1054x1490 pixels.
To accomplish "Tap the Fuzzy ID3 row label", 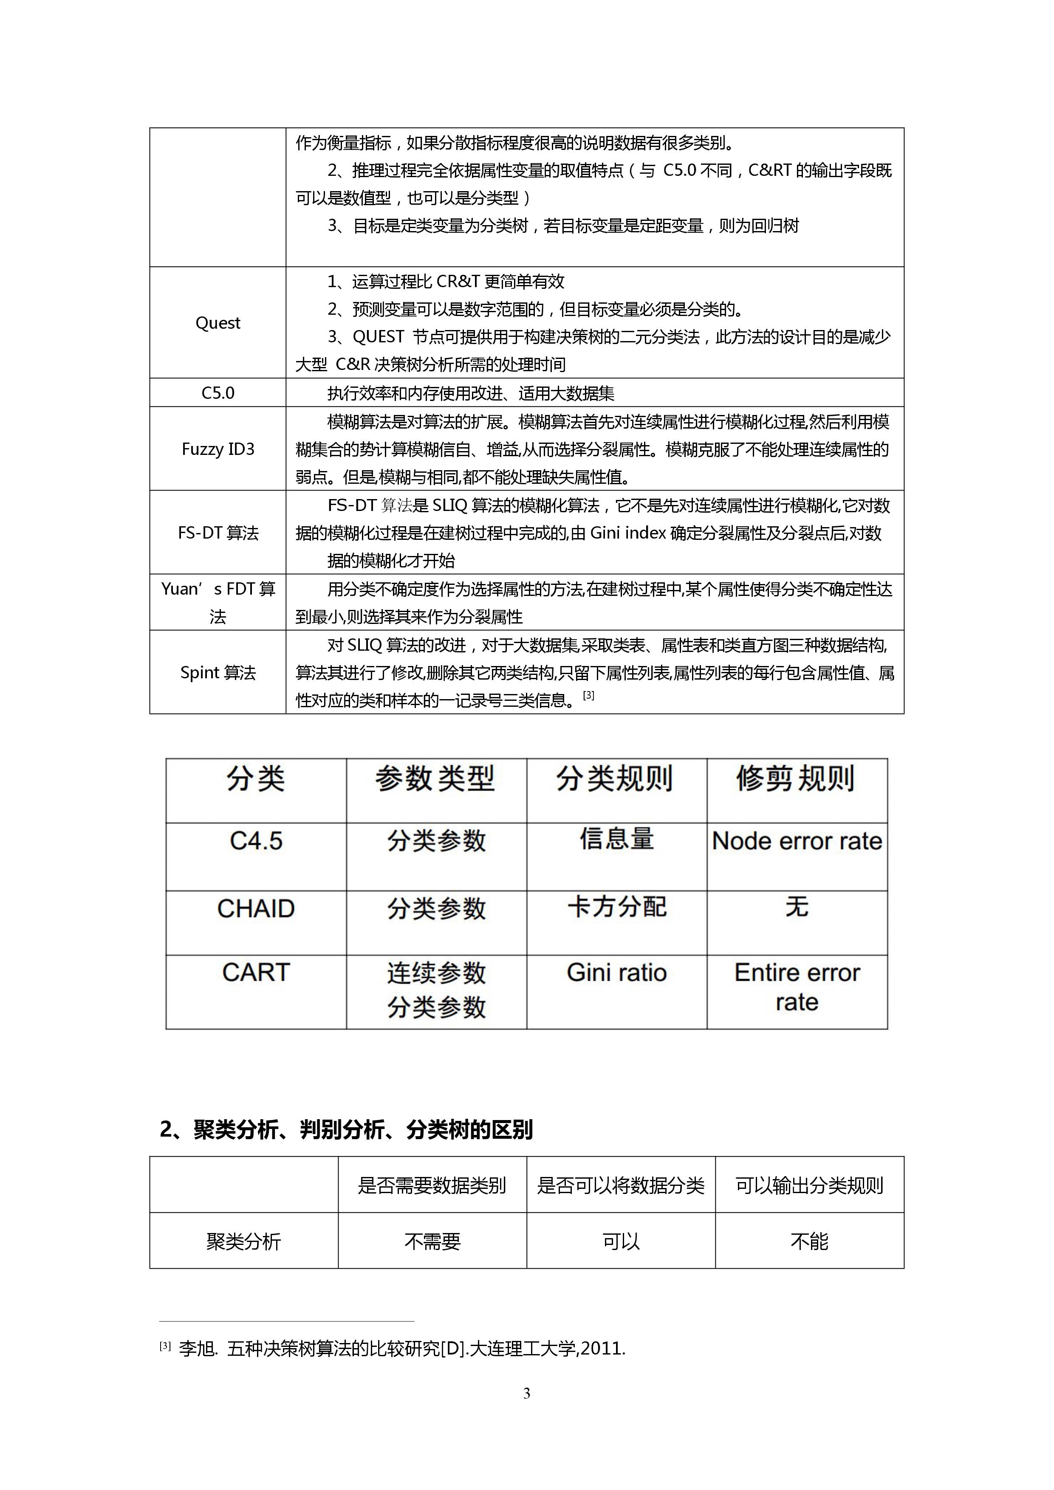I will click(218, 449).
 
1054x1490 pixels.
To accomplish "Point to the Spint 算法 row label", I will click(218, 672).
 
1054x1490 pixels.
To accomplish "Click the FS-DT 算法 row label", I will click(218, 533).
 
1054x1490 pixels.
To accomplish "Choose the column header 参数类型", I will click(435, 778).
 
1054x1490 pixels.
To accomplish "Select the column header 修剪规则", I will click(796, 778).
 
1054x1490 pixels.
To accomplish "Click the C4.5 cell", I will click(256, 841).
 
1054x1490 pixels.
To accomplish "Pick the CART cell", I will click(256, 972).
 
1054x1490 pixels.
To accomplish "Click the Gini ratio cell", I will click(616, 972).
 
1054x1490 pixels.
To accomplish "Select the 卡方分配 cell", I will click(616, 906).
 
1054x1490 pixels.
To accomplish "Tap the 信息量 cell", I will click(616, 839).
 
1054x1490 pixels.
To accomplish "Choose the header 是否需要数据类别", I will click(432, 1185).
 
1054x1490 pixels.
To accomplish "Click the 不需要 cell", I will click(432, 1242).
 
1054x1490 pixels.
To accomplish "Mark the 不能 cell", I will click(809, 1242).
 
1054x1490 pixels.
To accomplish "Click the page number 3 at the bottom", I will click(526, 1393).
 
